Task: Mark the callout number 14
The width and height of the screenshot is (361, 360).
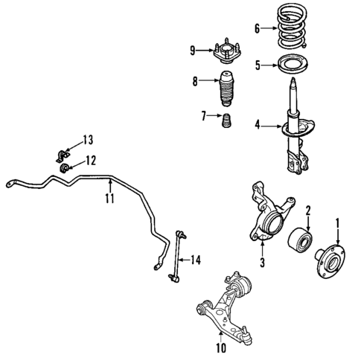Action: (x=195, y=260)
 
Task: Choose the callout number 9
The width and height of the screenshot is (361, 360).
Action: (x=191, y=51)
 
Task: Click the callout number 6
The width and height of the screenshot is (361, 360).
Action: (x=257, y=29)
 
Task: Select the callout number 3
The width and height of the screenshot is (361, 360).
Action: (x=262, y=262)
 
